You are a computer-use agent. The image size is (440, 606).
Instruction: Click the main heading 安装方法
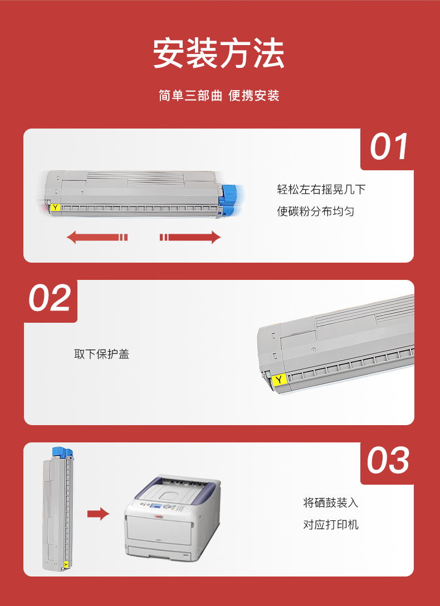(219, 53)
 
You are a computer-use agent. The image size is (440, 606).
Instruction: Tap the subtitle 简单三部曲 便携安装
(219, 96)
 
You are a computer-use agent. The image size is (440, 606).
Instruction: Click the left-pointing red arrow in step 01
(97, 237)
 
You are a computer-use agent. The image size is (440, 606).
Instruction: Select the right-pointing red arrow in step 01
(190, 237)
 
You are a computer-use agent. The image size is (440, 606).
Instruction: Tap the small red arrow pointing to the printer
(98, 514)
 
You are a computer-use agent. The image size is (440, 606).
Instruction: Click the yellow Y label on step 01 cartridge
(55, 208)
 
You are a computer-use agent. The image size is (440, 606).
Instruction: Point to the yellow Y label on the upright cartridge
(65, 564)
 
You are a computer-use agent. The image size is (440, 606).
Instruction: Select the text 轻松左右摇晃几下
(321, 189)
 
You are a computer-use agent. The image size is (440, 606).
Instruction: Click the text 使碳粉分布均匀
(315, 211)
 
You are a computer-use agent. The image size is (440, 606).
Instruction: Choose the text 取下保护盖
(101, 354)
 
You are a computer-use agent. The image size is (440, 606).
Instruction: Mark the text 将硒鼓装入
(331, 502)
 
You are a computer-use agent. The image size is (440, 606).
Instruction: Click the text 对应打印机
(331, 524)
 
